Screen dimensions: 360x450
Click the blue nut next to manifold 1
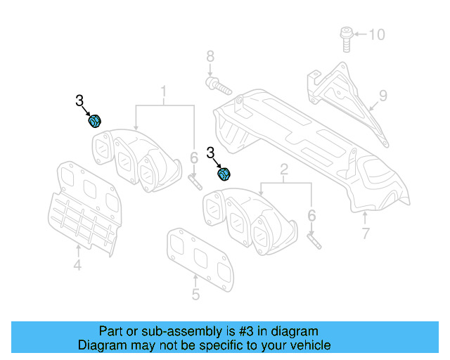(x=94, y=121)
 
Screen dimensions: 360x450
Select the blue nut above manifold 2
(x=226, y=173)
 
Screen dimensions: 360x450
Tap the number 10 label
(x=378, y=34)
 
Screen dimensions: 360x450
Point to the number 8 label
(x=209, y=56)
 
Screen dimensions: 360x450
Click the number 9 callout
(x=383, y=94)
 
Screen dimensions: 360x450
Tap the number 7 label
(x=365, y=233)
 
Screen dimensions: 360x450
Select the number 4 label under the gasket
(x=77, y=265)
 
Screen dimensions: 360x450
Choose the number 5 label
(x=195, y=295)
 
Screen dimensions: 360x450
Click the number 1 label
(x=164, y=91)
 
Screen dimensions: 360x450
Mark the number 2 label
(x=284, y=169)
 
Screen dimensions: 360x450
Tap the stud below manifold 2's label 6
(x=314, y=239)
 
